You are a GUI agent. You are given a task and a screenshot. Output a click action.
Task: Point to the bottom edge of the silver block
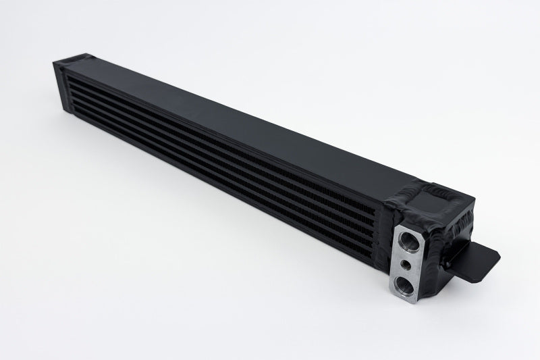pyautogui.click(x=404, y=301)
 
